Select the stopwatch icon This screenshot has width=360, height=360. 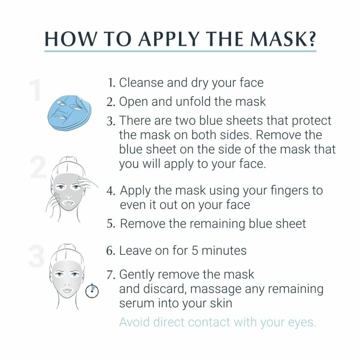92,291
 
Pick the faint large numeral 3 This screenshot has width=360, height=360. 37,256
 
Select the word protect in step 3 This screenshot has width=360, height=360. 311,121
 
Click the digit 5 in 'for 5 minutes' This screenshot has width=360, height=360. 195,251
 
